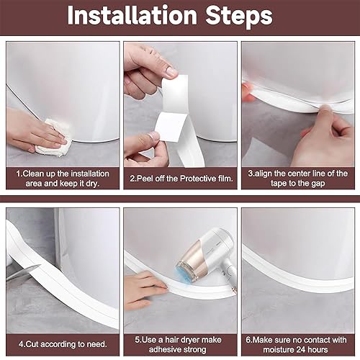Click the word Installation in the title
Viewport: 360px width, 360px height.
tap(132, 15)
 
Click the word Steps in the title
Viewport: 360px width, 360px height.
tap(239, 17)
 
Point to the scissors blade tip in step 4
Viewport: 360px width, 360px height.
tap(41, 265)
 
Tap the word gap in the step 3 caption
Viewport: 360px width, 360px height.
tap(318, 184)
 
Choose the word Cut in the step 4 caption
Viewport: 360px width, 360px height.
tap(31, 344)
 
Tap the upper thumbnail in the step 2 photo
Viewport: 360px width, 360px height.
tap(171, 71)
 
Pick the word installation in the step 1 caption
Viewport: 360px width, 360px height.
tap(90, 174)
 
